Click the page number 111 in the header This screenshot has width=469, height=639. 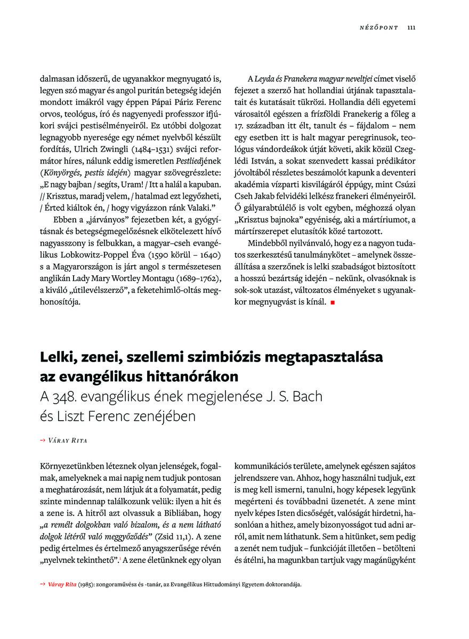pos(411,28)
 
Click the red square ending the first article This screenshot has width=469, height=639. pos(332,302)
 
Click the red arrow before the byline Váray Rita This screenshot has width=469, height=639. pos(43,440)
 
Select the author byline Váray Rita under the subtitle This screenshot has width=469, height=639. pos(68,440)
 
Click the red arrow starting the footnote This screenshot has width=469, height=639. pos(43,584)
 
